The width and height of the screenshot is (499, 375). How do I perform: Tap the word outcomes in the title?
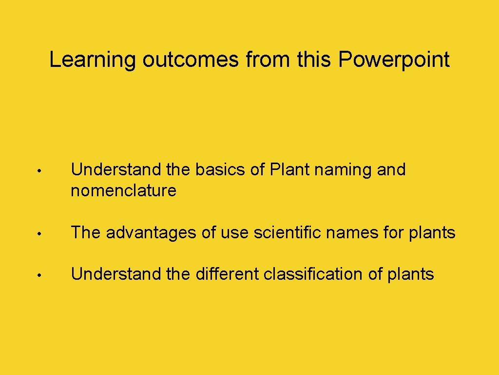[191, 61]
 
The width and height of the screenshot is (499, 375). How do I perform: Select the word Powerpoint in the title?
[394, 61]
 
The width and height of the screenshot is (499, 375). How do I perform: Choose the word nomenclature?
[124, 191]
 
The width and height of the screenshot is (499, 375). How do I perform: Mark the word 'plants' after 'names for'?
[430, 233]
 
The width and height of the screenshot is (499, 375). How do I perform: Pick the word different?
[227, 274]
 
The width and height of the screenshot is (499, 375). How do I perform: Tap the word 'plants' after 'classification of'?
[410, 274]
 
